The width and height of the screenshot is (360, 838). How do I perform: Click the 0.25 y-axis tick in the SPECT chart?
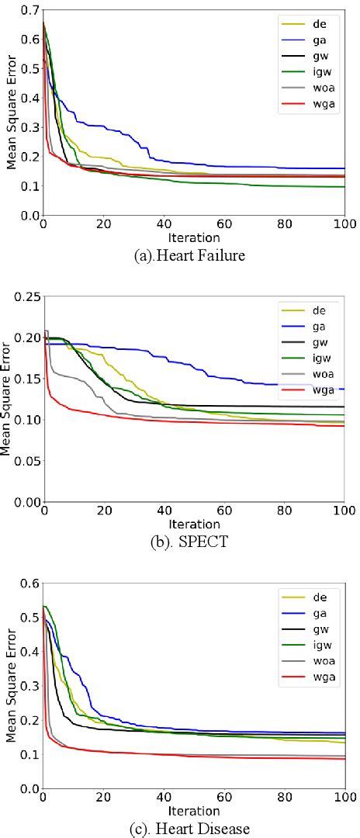(x=25, y=296)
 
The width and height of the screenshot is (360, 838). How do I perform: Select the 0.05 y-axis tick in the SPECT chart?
(x=25, y=461)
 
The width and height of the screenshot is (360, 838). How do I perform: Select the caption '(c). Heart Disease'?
(x=190, y=829)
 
